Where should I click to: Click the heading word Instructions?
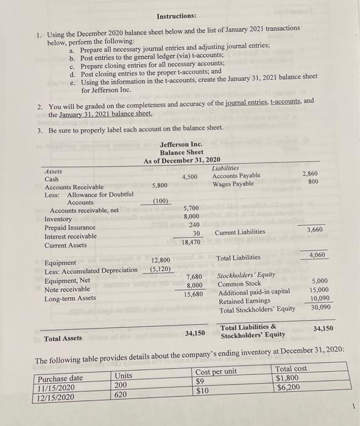tap(176, 15)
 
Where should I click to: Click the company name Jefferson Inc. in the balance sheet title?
tap(181, 144)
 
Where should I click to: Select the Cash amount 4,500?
tap(189, 176)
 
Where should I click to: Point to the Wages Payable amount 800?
tap(313, 183)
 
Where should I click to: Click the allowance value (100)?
tap(160, 201)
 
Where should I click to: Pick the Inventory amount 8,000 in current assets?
tap(192, 216)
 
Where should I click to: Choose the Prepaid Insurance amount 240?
tap(194, 225)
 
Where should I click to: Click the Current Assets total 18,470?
tap(191, 242)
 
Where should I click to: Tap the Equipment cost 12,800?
tap(160, 260)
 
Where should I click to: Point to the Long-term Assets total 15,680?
tap(193, 295)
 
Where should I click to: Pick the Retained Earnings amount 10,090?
tap(319, 299)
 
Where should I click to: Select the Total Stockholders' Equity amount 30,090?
tap(319, 307)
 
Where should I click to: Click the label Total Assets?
tap(63, 337)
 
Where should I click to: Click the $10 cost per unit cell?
tap(202, 390)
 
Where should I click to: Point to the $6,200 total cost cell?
tap(289, 387)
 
